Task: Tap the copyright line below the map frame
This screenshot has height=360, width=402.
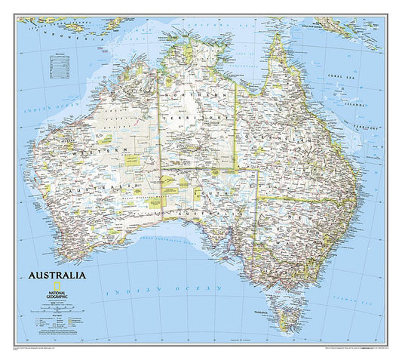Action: [45, 351]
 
